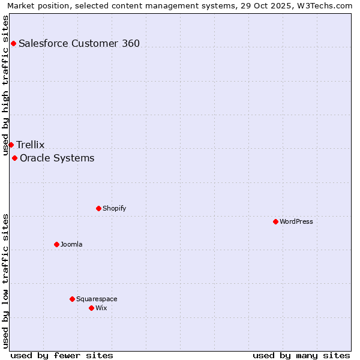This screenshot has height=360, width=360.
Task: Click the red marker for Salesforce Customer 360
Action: coord(13,43)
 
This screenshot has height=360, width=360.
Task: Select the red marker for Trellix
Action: coord(11,145)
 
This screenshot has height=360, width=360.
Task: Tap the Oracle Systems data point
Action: coord(14,158)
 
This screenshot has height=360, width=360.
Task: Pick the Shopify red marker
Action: coord(98,208)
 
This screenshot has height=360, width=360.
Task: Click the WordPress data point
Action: coord(275,221)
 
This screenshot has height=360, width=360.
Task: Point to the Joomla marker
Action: coord(56,244)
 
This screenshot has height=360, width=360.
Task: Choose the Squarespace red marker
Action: coord(72,299)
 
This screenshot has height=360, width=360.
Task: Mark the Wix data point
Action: coord(91,308)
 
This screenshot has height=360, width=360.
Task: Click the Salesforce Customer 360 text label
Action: coord(79,43)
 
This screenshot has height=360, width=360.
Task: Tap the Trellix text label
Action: coord(31,145)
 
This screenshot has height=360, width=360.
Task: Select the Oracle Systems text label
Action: coord(57,158)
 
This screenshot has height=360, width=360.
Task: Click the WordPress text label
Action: coord(296,221)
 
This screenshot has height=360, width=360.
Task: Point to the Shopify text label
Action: coord(115,208)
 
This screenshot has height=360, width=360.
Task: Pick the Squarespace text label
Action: coord(97,299)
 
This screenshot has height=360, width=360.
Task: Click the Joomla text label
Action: coord(71,244)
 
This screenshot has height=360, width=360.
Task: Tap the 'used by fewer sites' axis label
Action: coord(62,355)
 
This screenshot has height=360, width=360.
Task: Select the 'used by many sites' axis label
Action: coord(301,355)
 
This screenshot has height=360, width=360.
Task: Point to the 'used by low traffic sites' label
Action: coord(6,281)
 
